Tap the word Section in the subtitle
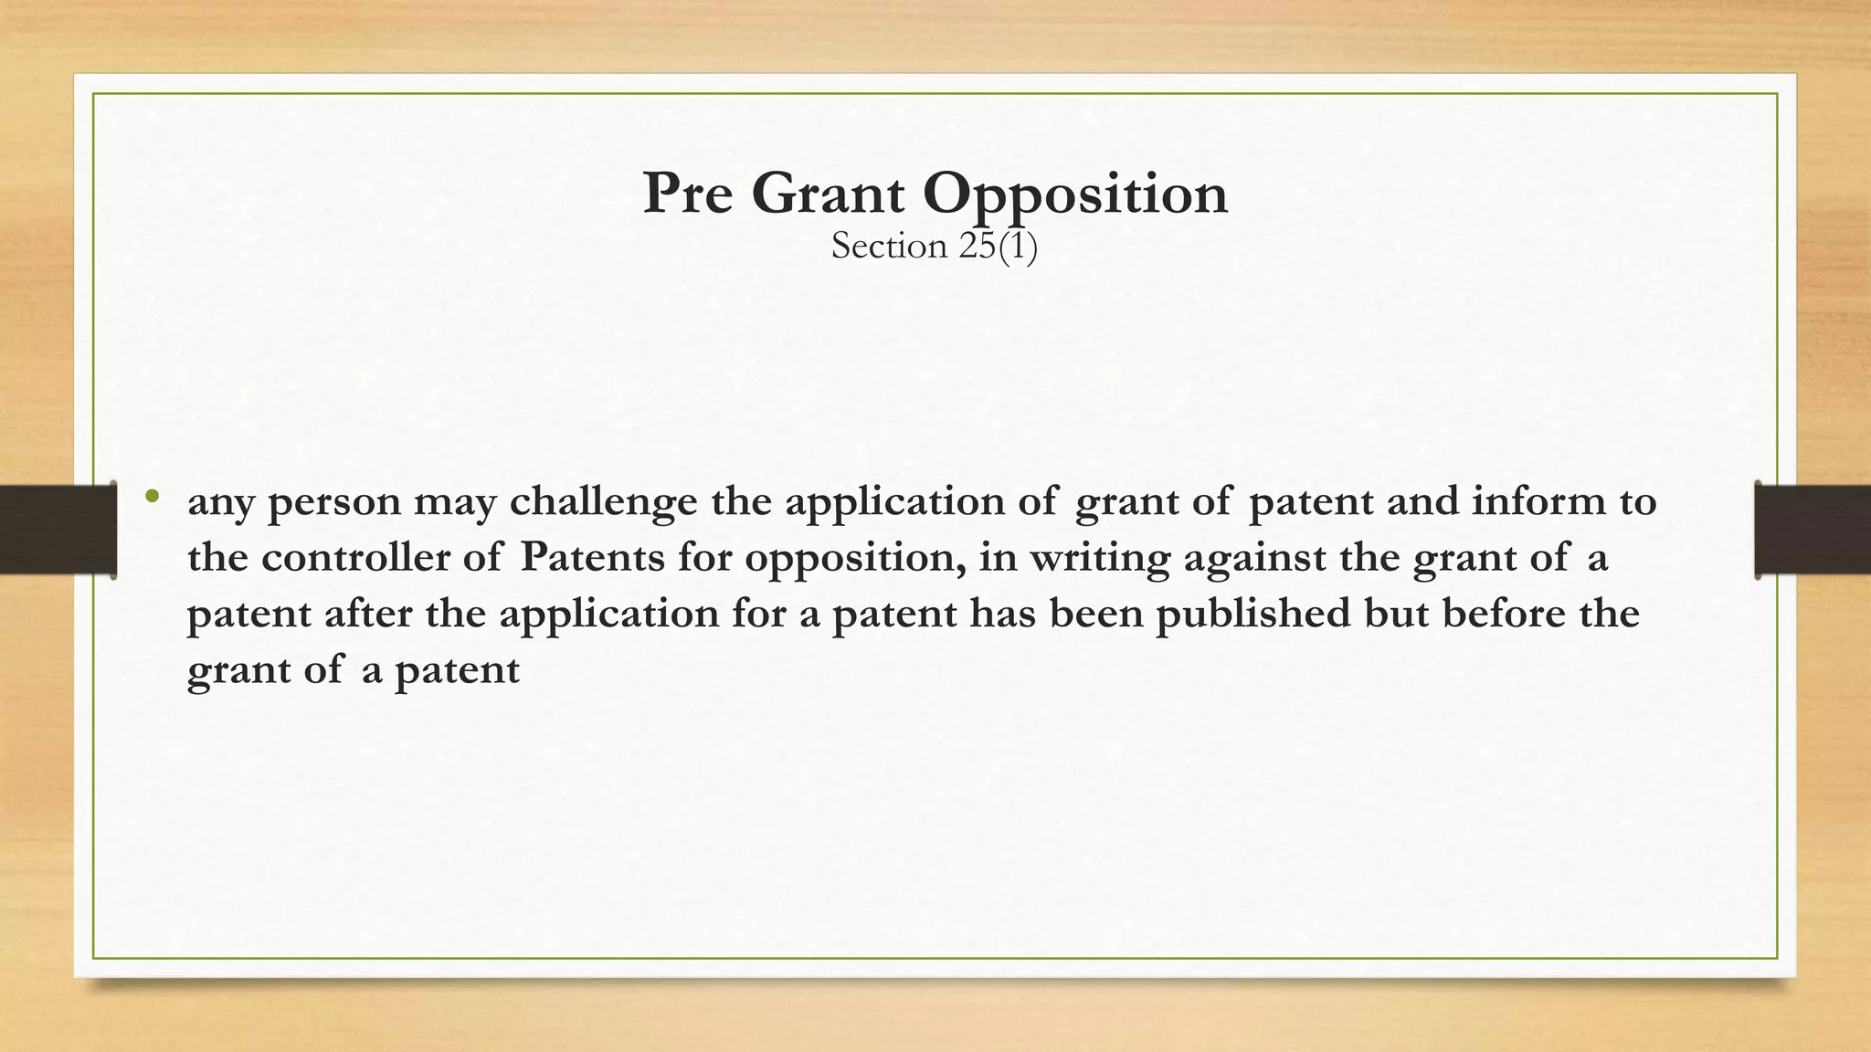tap(889, 247)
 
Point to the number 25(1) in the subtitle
tap(998, 247)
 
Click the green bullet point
tap(152, 498)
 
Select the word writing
tap(1100, 559)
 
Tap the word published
tap(1253, 614)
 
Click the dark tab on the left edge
tap(58, 530)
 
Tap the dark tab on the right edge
tap(1813, 530)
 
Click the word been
tap(1096, 613)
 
